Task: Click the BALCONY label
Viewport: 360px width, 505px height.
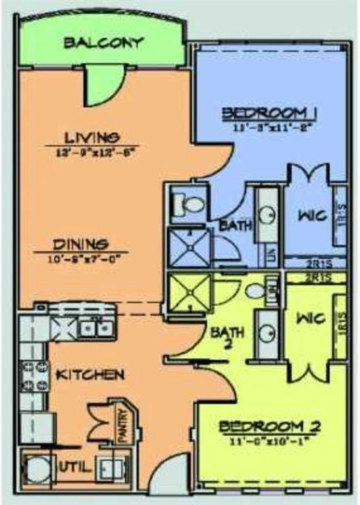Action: point(103,43)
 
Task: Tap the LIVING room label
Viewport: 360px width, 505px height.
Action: point(91,137)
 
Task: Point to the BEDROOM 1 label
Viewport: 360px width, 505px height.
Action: point(270,112)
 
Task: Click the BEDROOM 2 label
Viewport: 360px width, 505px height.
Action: point(270,427)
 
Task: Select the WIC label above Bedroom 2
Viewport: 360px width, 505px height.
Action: point(310,319)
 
